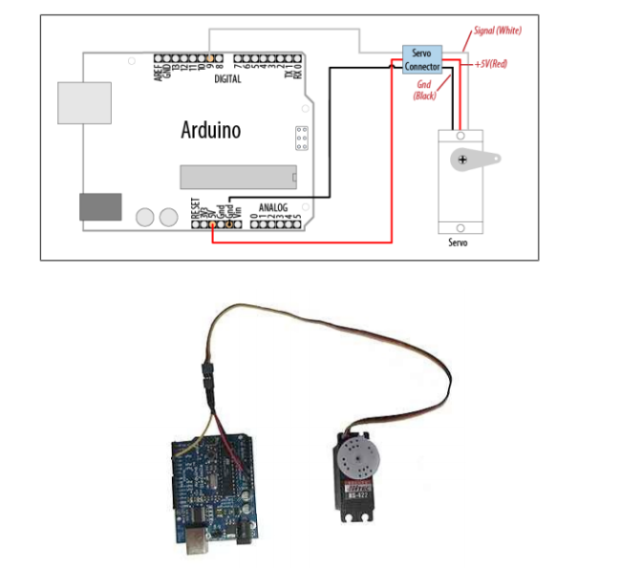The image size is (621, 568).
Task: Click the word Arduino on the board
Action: [211, 130]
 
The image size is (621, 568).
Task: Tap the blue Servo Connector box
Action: [420, 60]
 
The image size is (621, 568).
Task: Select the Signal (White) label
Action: [498, 31]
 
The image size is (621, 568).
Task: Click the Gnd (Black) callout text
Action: [425, 91]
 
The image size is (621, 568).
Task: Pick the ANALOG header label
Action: [272, 206]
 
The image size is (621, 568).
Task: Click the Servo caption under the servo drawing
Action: [459, 243]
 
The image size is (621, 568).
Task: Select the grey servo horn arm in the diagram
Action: [486, 157]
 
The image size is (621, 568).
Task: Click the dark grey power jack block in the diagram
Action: [100, 206]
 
